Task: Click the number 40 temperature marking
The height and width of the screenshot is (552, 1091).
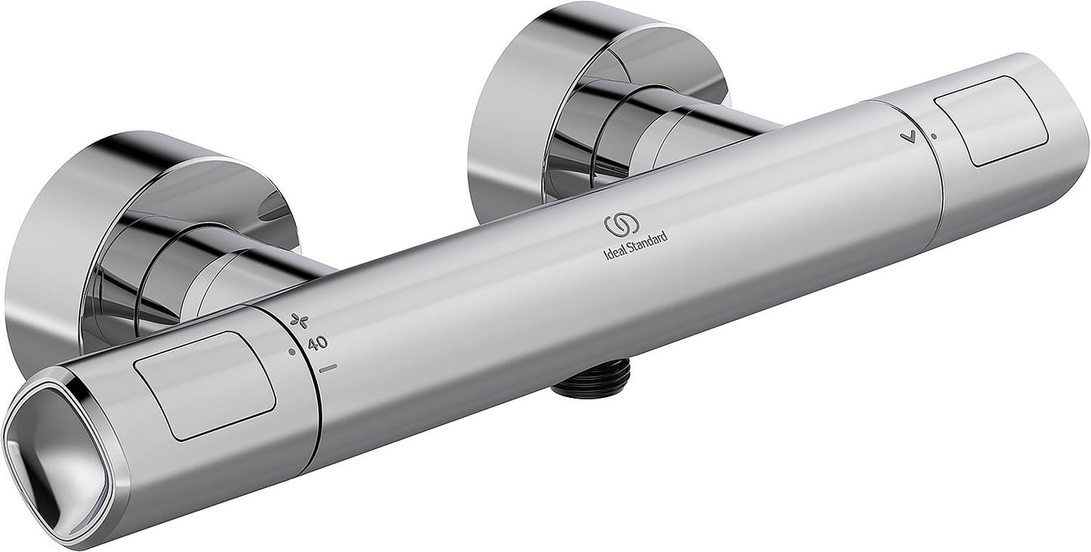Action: (x=318, y=342)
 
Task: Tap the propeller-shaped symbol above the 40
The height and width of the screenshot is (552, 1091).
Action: (x=299, y=322)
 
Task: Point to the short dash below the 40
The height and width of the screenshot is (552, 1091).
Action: (x=328, y=368)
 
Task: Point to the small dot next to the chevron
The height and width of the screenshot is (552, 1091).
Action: (x=934, y=137)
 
